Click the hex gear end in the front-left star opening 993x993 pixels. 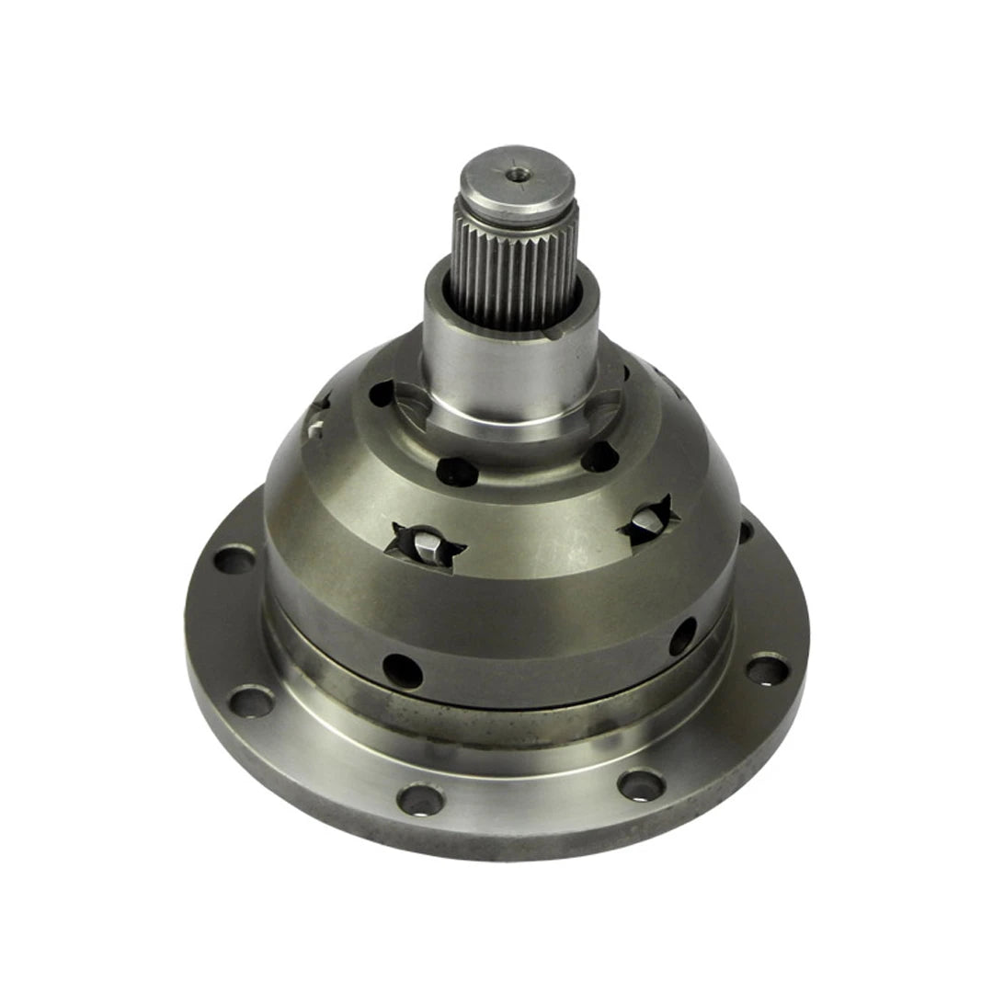[426, 547]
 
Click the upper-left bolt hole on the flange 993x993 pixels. [234, 560]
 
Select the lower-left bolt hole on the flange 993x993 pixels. [252, 702]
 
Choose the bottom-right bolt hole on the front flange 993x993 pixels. [641, 784]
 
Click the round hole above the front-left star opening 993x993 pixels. [457, 473]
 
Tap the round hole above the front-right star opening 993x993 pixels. [599, 456]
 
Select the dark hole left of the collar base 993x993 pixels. [381, 394]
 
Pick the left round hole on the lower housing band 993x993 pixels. [402, 671]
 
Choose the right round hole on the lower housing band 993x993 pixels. [682, 636]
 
